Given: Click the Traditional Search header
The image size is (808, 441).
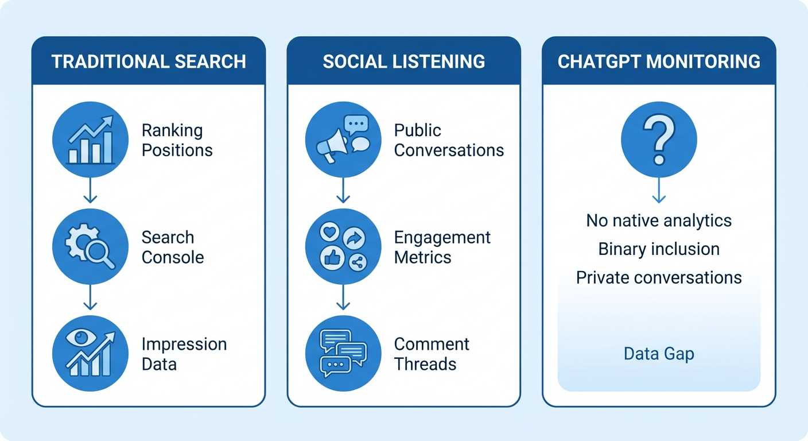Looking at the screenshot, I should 149,61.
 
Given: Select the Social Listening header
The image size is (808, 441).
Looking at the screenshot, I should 403,61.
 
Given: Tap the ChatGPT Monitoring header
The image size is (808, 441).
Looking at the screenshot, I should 659,61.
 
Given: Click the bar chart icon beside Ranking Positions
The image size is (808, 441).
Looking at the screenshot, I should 90,140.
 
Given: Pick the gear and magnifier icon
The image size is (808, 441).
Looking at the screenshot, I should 90,247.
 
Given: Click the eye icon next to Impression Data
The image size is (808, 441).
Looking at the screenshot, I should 90,354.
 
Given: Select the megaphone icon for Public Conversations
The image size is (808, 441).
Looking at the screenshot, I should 333,146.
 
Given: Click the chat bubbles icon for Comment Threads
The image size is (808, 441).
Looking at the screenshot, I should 343,354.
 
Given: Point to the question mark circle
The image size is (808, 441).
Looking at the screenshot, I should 659,140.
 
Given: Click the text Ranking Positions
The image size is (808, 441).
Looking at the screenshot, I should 177,140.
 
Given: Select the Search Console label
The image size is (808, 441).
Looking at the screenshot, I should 172,247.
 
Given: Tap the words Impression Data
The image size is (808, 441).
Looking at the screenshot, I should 184,354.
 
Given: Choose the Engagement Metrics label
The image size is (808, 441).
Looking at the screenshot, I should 442,247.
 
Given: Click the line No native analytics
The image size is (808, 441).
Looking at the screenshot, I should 659,220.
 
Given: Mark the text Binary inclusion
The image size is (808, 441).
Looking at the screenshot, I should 659,249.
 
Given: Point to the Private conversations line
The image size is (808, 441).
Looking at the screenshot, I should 659,277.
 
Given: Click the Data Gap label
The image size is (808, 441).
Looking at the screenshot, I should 659,354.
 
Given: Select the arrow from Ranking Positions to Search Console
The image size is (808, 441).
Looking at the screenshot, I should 90,191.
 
